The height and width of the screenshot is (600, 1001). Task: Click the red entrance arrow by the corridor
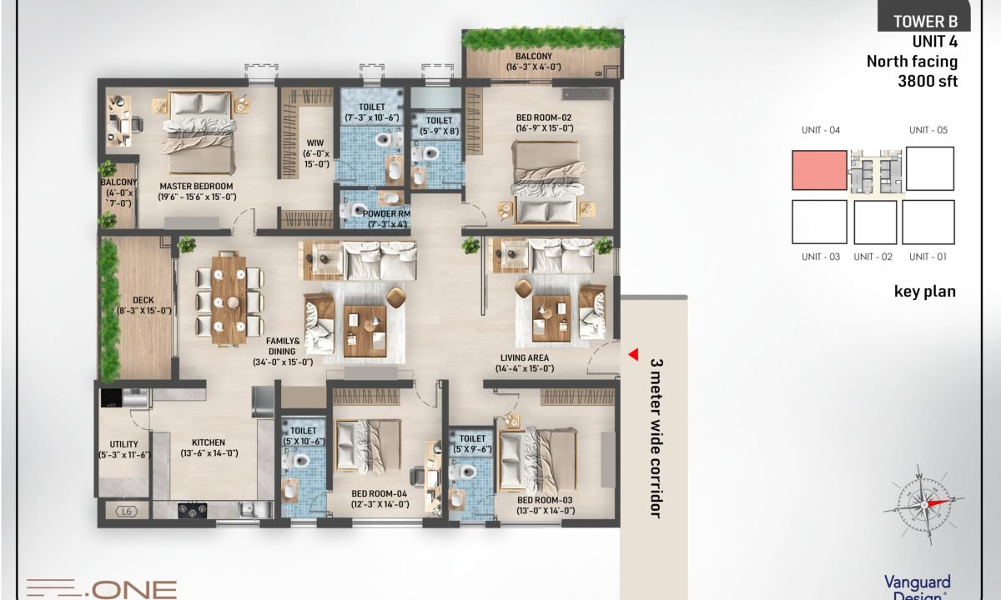(634, 354)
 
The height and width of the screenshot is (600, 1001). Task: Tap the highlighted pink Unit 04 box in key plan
(819, 170)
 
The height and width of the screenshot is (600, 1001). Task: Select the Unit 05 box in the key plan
(930, 168)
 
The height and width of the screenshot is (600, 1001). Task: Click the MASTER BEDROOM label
(196, 186)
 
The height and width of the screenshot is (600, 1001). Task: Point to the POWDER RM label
(386, 214)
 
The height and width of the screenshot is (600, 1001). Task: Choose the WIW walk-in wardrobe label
(315, 143)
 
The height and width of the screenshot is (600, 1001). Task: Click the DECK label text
(143, 301)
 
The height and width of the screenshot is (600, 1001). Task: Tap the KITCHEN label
(209, 442)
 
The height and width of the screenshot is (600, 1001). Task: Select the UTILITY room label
(123, 444)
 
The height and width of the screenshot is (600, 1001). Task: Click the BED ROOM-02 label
(544, 117)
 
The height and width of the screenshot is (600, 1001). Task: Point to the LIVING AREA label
(524, 358)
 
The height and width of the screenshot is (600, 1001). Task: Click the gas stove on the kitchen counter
(193, 510)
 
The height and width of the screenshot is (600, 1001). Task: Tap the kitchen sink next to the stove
(255, 509)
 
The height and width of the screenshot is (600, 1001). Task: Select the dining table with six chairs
(229, 298)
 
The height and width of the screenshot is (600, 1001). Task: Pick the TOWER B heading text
(925, 22)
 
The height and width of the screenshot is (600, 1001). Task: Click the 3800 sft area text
(928, 81)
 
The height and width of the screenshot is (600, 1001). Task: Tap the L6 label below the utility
(127, 512)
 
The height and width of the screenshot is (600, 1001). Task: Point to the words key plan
(924, 292)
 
